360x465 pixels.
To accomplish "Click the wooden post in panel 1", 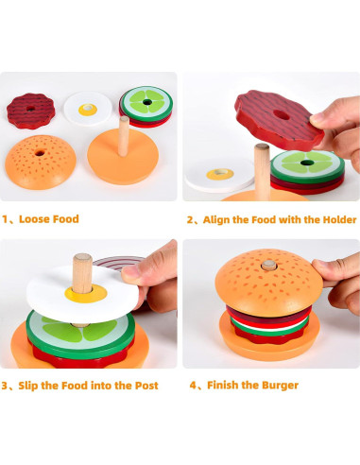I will tap(123, 135).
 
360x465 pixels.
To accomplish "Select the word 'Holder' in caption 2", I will tap(336, 219).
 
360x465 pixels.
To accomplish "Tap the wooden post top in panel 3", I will tap(82, 260).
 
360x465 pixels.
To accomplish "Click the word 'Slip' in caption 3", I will tap(39, 386).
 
